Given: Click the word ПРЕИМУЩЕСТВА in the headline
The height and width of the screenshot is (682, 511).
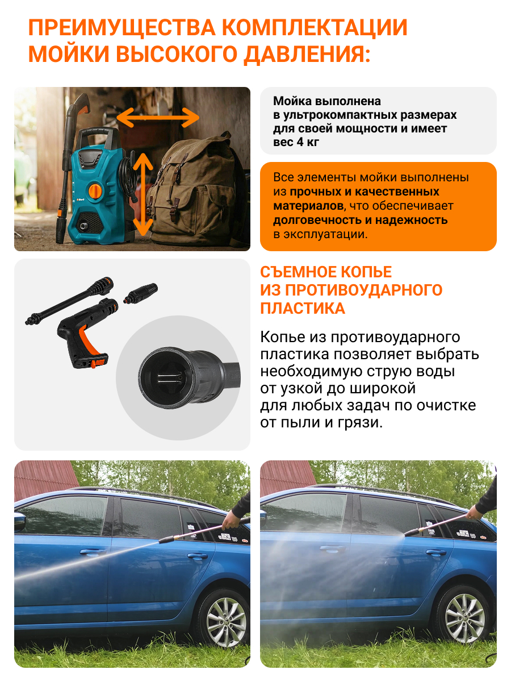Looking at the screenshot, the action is (122, 28).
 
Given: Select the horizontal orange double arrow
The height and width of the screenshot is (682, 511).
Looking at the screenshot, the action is (158, 118).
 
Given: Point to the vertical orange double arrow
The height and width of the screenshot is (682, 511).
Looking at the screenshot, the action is (143, 194).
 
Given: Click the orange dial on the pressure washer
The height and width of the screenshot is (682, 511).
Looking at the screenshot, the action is (95, 190).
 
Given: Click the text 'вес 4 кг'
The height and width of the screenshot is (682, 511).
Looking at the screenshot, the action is (296, 142).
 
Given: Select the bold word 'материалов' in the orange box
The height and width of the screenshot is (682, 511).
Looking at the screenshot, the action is (308, 206).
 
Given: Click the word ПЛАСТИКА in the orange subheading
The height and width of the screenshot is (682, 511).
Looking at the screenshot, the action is (303, 309).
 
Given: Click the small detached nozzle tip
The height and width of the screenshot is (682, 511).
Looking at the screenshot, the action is (140, 293).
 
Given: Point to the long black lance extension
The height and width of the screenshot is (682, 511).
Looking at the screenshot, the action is (69, 301).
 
